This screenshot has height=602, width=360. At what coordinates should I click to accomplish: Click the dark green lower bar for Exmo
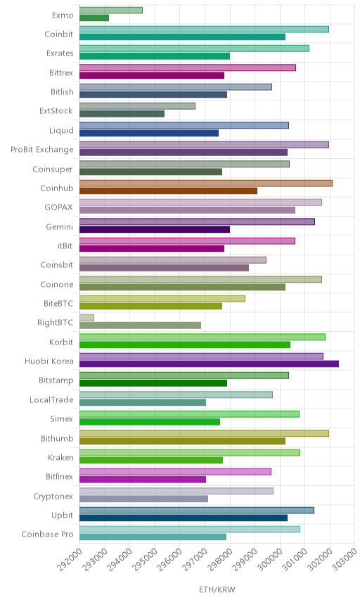tap(94, 18)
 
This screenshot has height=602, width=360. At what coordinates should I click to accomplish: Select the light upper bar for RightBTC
tap(86, 317)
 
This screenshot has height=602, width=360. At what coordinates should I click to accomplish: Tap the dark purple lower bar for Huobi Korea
tap(209, 364)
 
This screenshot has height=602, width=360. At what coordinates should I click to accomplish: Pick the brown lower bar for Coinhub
tap(169, 191)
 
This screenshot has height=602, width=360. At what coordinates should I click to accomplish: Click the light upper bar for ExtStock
tap(137, 106)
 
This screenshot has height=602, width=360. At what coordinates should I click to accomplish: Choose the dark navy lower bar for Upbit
tap(184, 518)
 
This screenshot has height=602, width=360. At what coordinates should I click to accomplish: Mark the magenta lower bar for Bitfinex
tap(143, 480)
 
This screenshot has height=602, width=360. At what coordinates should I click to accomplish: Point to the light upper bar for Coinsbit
tap(173, 260)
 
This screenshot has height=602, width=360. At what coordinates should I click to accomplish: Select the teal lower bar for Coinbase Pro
tap(153, 537)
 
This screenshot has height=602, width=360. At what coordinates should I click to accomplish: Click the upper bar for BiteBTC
tap(162, 299)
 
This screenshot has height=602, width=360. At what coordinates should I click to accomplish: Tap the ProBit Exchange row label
tap(41, 150)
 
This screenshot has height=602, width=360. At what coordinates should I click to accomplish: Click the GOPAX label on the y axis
tap(59, 207)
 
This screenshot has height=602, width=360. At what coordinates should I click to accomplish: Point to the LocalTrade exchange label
tap(51, 399)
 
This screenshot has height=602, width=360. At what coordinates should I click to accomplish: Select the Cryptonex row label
tap(53, 497)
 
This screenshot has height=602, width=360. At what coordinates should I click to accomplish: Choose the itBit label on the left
tap(65, 245)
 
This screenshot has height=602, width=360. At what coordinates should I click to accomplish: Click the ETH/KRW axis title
tap(217, 590)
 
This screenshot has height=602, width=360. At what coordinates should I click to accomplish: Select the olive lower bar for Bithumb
tap(183, 441)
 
